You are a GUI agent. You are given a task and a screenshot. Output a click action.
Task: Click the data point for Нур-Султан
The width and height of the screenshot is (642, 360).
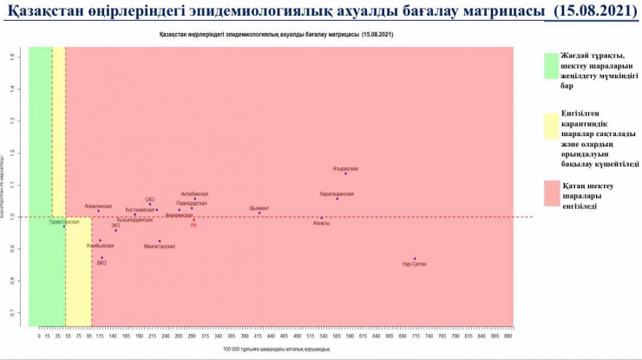(x=415, y=259)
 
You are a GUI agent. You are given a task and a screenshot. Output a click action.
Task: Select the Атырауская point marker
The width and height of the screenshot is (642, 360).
(x=345, y=173)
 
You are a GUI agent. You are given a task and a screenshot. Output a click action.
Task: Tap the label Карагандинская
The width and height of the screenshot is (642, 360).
(x=337, y=193)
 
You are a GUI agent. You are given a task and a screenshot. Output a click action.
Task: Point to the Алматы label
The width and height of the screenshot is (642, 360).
(x=321, y=223)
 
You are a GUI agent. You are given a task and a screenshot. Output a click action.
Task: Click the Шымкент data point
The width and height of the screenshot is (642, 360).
(x=259, y=213)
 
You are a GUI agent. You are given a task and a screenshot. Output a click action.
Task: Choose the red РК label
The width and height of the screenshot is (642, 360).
(x=193, y=225)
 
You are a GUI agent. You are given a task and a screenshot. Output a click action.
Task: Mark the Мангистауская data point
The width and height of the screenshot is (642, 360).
(x=160, y=241)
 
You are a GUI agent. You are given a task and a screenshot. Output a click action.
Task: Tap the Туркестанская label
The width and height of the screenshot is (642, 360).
(x=63, y=221)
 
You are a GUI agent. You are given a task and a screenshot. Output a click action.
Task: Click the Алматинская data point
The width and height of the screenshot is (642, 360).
(x=99, y=211)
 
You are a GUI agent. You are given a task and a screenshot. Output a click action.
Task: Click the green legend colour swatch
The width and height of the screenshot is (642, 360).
(x=551, y=66)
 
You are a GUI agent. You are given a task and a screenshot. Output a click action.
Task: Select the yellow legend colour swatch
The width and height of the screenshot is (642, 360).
(x=551, y=127)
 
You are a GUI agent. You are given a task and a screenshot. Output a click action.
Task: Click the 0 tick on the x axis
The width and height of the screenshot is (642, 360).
(x=38, y=334)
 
